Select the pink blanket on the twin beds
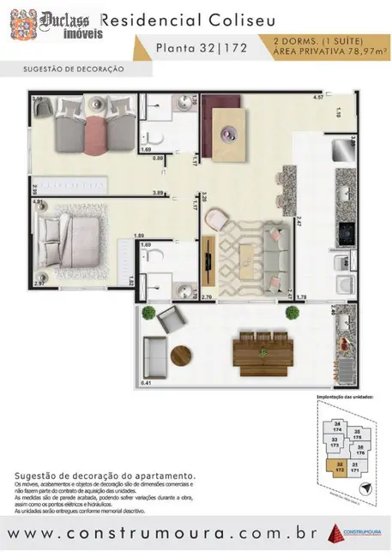click(91, 132)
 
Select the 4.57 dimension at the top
click(318, 97)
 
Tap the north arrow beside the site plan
click(366, 488)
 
